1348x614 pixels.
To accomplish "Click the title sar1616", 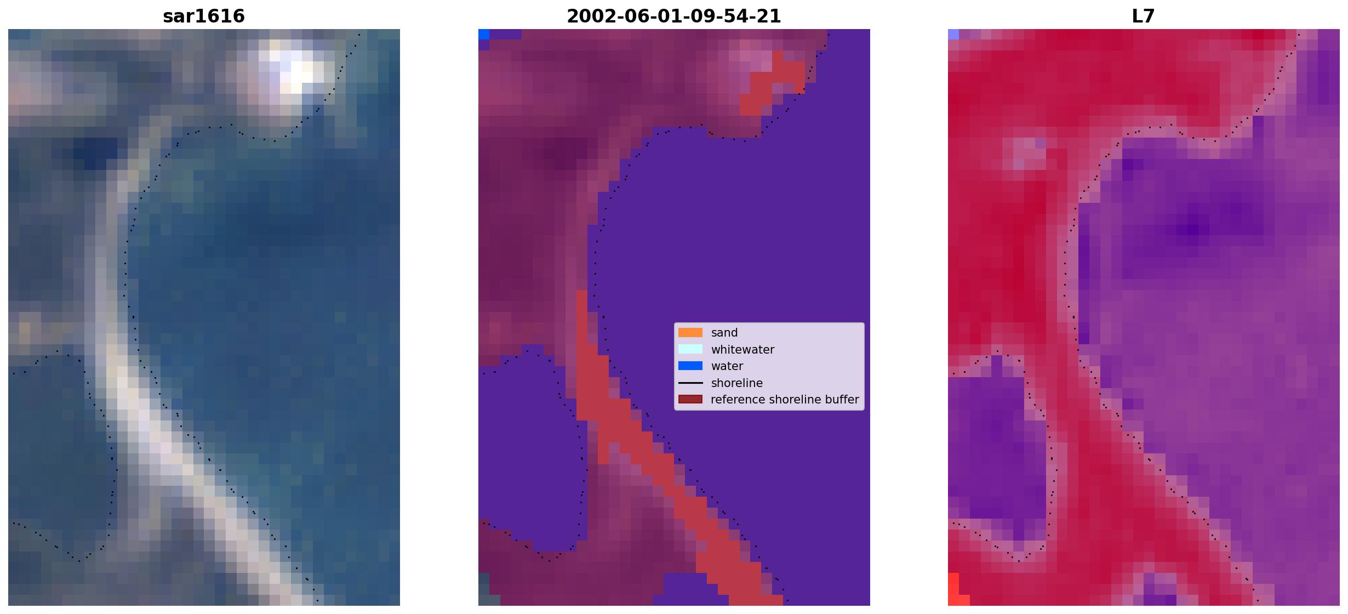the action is [204, 16].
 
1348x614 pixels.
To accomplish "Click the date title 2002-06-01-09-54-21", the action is [673, 16].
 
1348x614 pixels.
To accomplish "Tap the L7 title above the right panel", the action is [1143, 16].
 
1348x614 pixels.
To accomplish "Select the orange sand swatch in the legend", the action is [690, 333].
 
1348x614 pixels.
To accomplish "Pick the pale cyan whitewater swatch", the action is [690, 349].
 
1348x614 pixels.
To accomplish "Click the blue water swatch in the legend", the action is [690, 366].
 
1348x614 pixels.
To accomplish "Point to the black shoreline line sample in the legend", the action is [690, 383].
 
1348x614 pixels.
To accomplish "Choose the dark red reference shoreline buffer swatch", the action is [690, 399].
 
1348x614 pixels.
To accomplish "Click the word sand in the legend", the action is [724, 333].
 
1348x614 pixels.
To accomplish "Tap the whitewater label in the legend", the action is [742, 350].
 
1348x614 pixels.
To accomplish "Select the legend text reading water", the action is [727, 366].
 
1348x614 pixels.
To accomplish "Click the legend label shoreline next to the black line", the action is [737, 383].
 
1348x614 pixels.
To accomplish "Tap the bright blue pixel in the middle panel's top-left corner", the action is [484, 35].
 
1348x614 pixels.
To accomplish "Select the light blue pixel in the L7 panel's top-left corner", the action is [953, 35].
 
